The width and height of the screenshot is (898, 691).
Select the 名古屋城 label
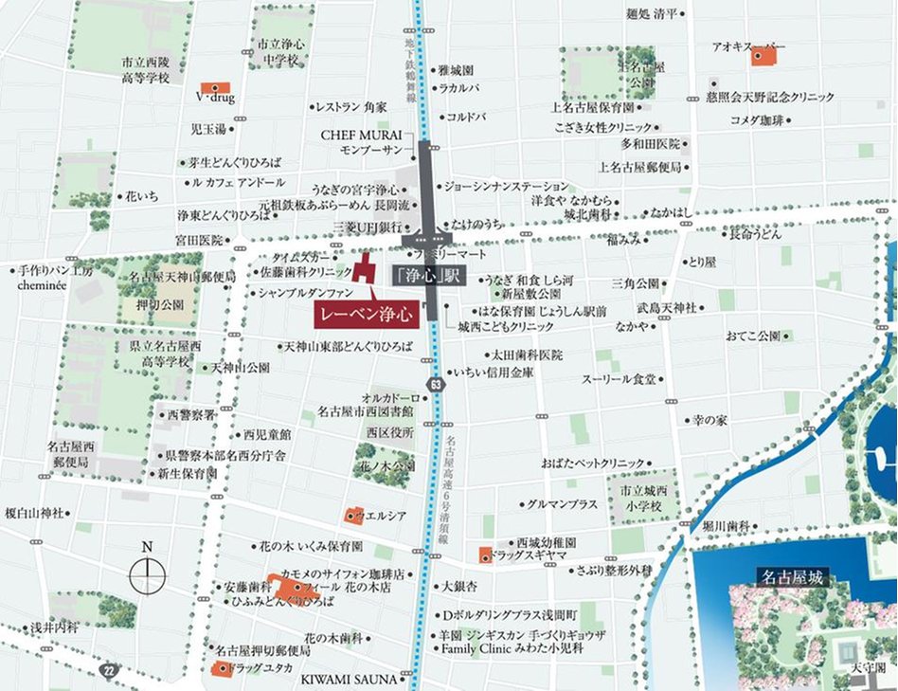tap(792, 575)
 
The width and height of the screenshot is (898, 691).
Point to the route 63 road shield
tap(435, 385)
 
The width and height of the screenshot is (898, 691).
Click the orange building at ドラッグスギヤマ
tap(485, 554)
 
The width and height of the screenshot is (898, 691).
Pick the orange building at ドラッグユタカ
tap(220, 669)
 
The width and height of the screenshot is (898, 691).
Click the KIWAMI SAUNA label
tap(354, 679)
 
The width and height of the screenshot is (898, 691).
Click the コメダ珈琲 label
tap(757, 120)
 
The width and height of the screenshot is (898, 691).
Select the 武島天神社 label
tap(666, 309)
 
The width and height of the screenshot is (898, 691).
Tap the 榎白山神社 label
tap(34, 513)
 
